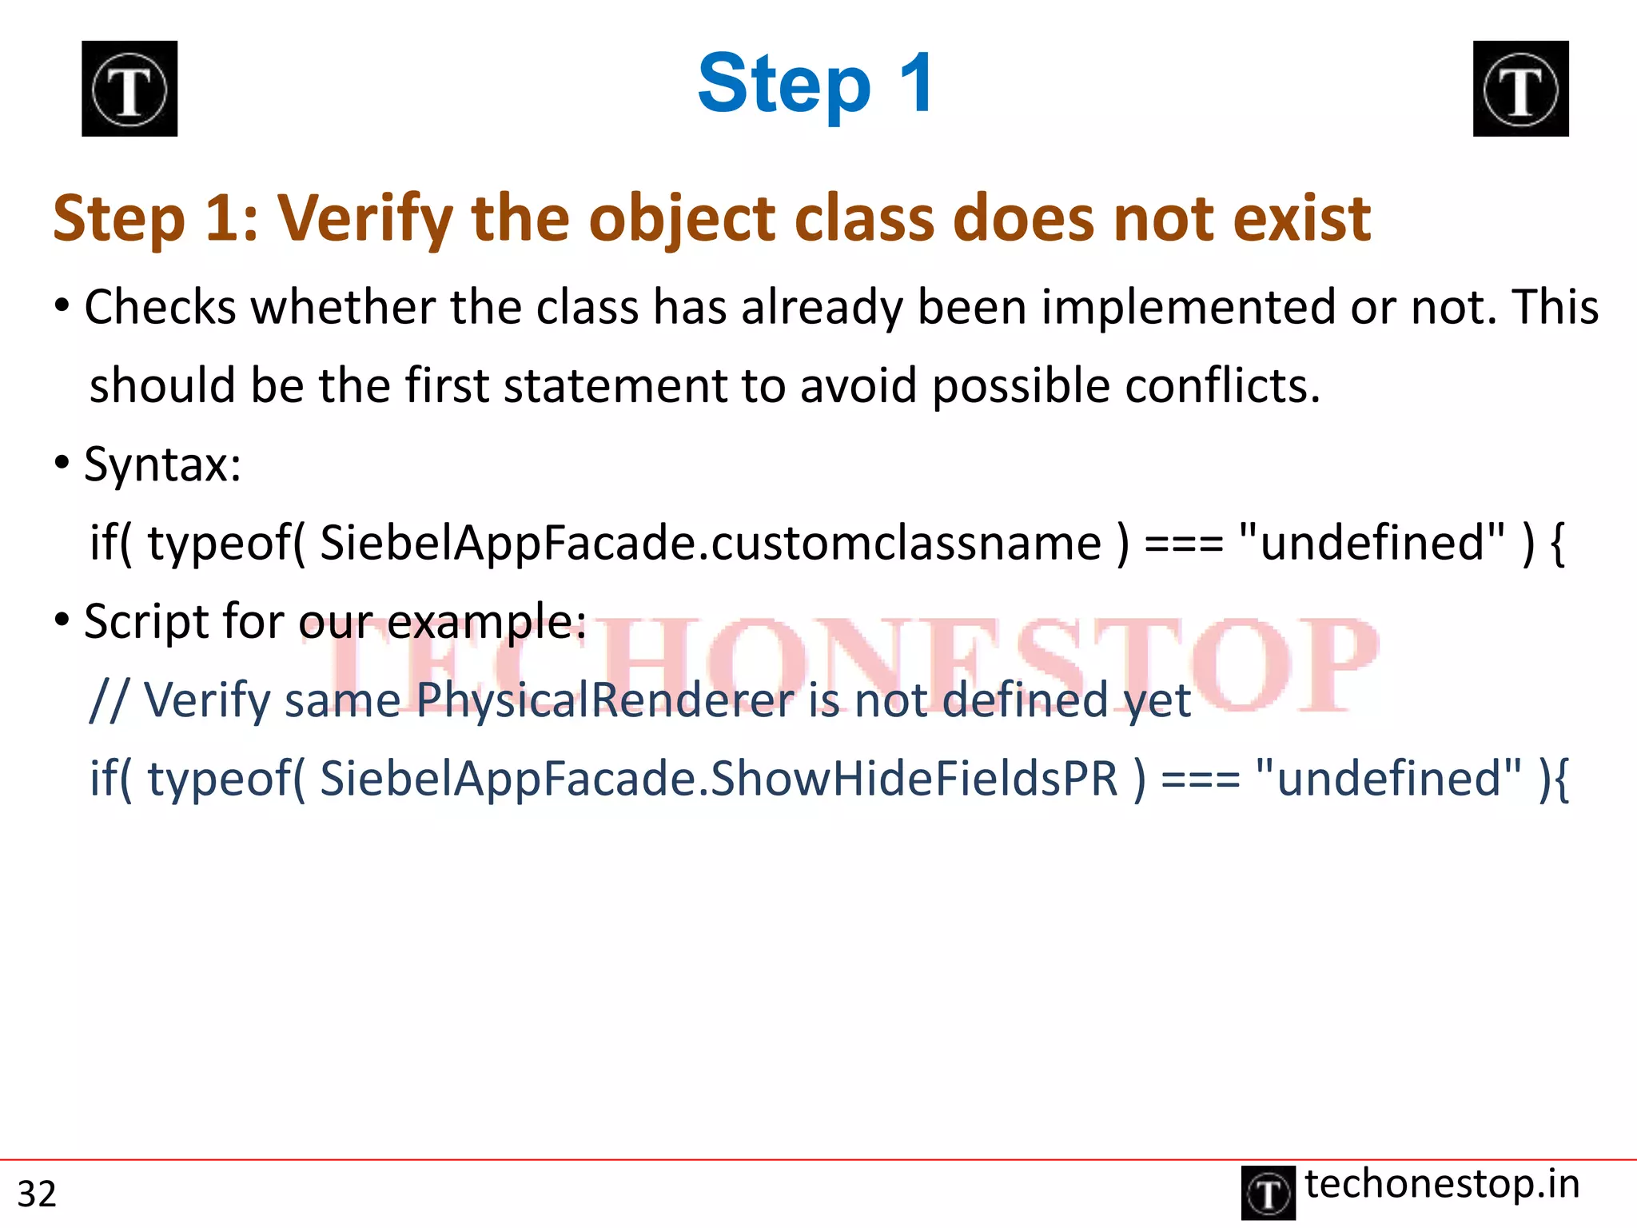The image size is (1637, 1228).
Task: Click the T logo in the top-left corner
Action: click(x=129, y=89)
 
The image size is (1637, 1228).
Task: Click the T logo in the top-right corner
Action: click(x=1520, y=89)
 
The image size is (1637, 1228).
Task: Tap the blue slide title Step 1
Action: click(x=815, y=84)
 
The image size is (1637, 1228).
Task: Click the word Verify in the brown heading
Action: click(x=364, y=219)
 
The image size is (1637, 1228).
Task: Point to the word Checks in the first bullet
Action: click(x=160, y=307)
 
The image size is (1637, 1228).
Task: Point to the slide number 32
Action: click(x=37, y=1194)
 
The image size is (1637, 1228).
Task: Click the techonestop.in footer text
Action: click(x=1442, y=1184)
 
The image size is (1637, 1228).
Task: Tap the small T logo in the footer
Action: click(x=1269, y=1194)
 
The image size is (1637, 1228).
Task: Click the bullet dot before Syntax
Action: click(x=62, y=463)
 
